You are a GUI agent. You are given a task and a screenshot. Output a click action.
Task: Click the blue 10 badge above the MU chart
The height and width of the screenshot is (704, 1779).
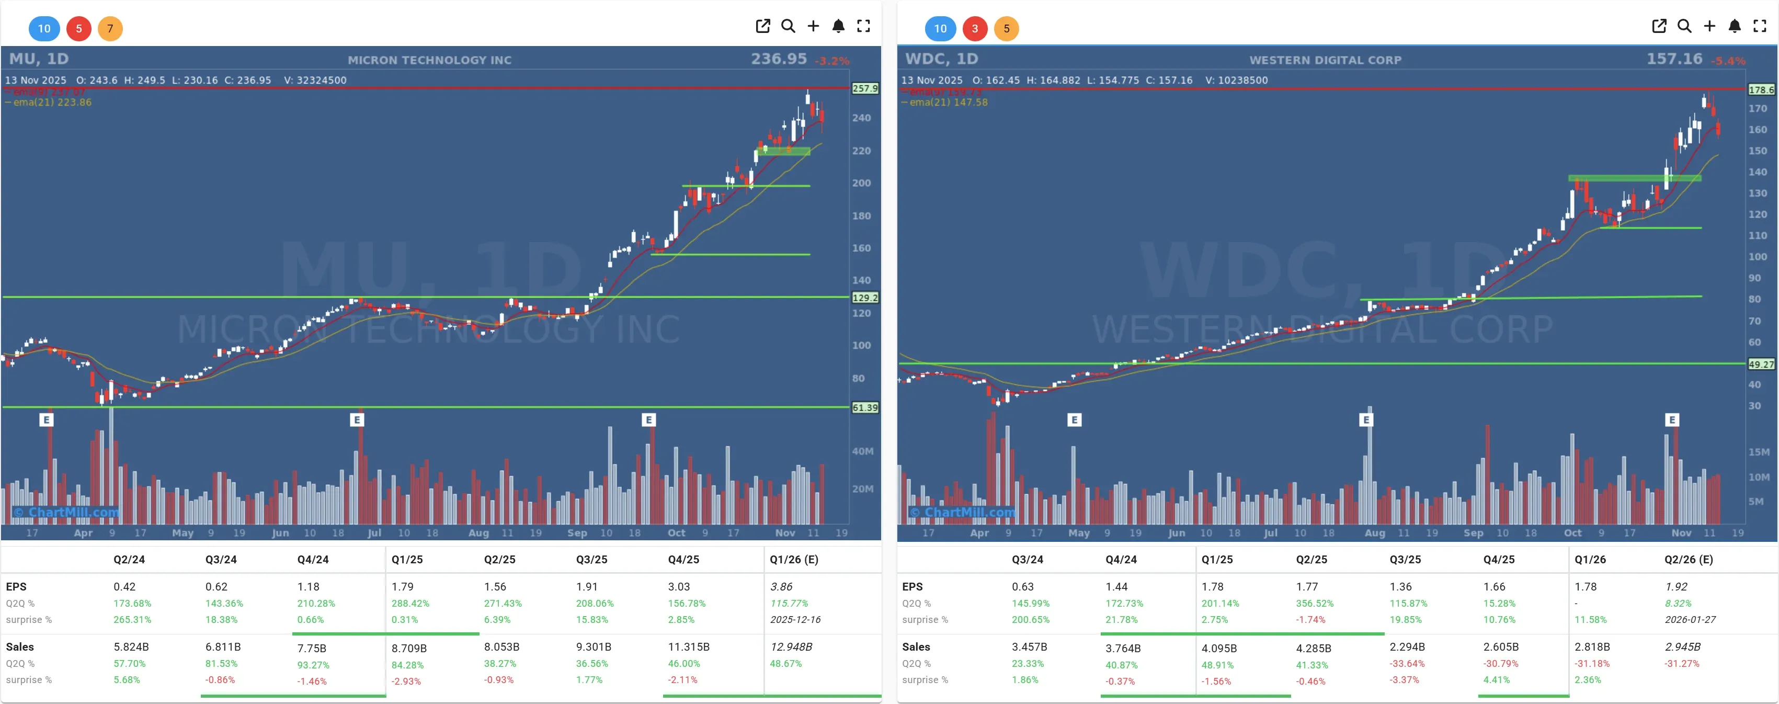pyautogui.click(x=44, y=28)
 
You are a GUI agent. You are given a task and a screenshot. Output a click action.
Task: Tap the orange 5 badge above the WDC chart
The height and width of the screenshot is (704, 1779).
pyautogui.click(x=1006, y=28)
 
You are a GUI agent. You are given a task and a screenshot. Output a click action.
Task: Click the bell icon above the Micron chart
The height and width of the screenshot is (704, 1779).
pyautogui.click(x=838, y=26)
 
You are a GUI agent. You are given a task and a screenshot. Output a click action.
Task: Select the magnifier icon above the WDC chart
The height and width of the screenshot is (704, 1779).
pyautogui.click(x=1684, y=26)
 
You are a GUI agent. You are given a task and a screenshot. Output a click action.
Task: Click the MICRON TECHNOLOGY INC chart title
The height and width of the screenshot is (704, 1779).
pyautogui.click(x=429, y=60)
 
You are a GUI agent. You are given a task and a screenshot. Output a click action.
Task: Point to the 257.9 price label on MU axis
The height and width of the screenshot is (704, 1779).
pyautogui.click(x=864, y=88)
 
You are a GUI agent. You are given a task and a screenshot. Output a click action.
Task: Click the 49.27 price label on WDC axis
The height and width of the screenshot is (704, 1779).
pyautogui.click(x=1760, y=364)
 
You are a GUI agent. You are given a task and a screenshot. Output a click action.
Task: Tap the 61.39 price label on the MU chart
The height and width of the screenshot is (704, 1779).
pyautogui.click(x=864, y=407)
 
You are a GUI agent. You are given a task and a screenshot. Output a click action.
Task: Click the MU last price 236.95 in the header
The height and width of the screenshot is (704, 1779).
pyautogui.click(x=778, y=59)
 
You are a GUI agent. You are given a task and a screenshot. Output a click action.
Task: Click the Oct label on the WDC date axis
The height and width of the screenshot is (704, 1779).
pyautogui.click(x=1572, y=532)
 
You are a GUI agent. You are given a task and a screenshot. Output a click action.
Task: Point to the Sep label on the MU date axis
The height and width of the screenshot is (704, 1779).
pyautogui.click(x=577, y=532)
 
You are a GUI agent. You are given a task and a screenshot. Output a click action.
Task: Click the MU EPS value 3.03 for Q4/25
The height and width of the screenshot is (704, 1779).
pyautogui.click(x=678, y=586)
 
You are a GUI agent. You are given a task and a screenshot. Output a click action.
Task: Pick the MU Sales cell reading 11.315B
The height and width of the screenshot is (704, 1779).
pyautogui.click(x=689, y=646)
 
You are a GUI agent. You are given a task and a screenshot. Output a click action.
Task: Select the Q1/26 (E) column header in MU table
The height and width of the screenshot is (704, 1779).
pyautogui.click(x=793, y=560)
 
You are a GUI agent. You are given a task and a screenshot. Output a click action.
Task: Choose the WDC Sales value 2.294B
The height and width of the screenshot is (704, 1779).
pyautogui.click(x=1407, y=646)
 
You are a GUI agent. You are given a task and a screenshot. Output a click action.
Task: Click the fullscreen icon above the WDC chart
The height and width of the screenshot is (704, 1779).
pyautogui.click(x=1759, y=26)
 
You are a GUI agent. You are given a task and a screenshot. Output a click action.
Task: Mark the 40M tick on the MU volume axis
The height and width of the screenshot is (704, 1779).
pyautogui.click(x=862, y=451)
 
